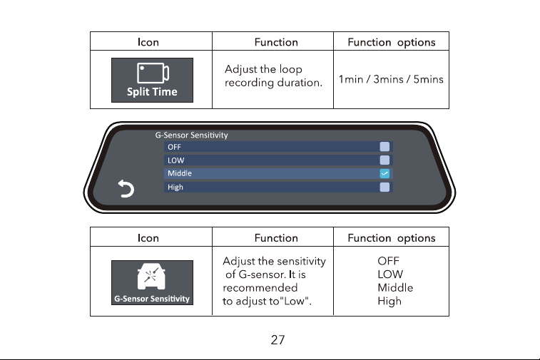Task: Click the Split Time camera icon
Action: point(153,73)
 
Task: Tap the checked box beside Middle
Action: point(384,173)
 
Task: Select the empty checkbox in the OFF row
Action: point(384,147)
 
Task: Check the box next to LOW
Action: point(384,160)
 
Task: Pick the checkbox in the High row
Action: point(384,187)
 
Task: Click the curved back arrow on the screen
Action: point(126,189)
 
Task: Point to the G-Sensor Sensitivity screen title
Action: point(191,135)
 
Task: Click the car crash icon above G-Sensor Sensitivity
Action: point(151,277)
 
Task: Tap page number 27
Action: point(277,340)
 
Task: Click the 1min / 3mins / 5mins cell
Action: point(391,80)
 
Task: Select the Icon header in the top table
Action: point(148,42)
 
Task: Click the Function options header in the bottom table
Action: point(391,238)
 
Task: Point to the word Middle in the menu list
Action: point(180,173)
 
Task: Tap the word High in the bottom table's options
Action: point(389,301)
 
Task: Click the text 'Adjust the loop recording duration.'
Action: point(273,76)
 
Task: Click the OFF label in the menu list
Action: point(174,147)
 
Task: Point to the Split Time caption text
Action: point(152,92)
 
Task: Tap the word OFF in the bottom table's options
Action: point(388,261)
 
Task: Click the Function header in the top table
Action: point(276,42)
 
